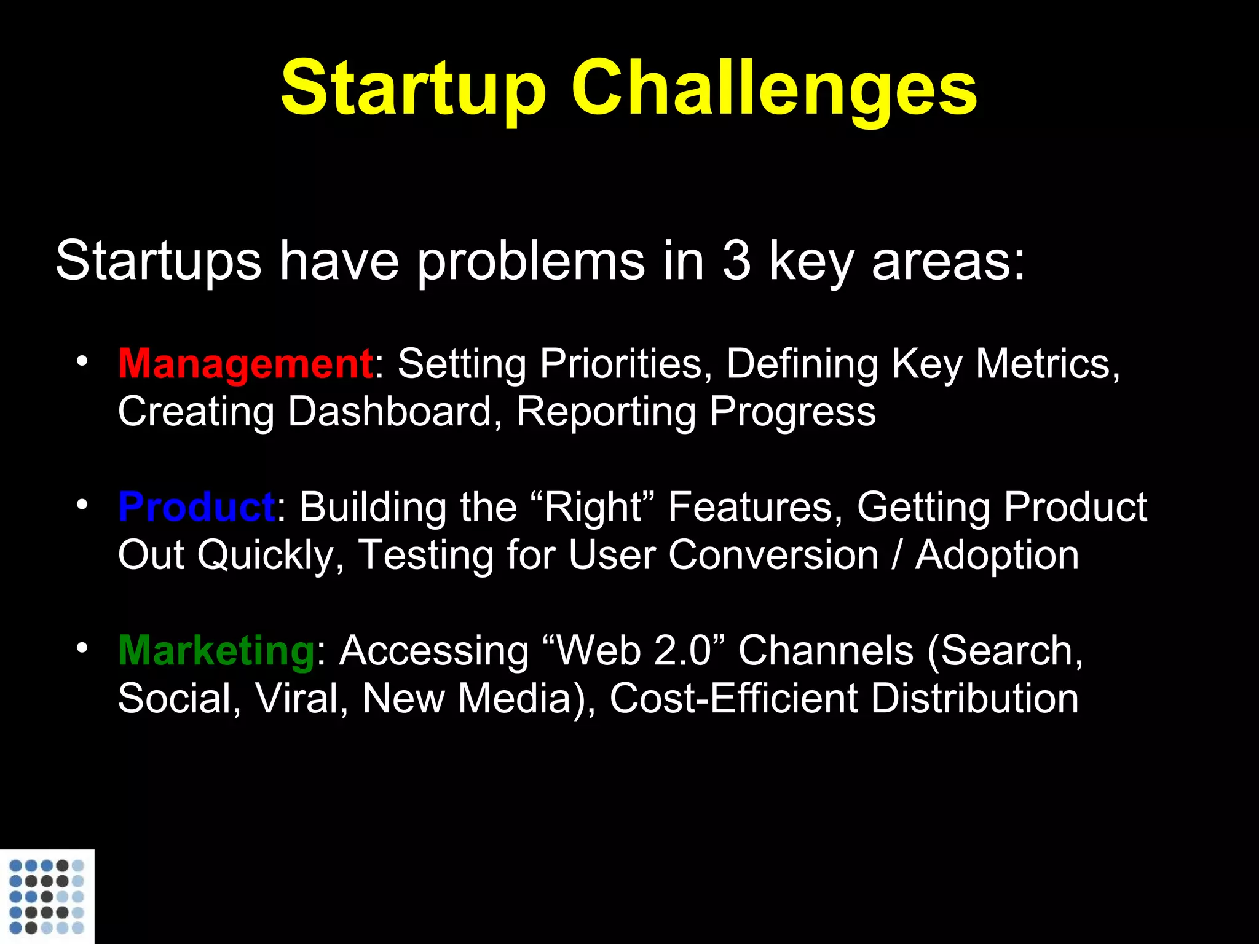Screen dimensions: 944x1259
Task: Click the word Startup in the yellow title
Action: coord(413,89)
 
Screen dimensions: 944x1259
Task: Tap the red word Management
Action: coord(245,364)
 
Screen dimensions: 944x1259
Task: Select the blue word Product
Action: coord(197,508)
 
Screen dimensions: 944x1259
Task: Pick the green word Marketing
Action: coord(217,651)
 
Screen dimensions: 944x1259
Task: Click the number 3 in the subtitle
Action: coord(736,261)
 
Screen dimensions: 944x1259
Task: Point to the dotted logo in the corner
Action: coord(47,896)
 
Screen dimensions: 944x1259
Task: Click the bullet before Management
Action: coord(82,361)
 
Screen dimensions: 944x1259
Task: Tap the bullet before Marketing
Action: coord(82,648)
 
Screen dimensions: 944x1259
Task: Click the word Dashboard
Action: coord(390,411)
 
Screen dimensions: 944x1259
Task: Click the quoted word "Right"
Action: coord(594,508)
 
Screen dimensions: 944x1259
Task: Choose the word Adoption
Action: coord(997,556)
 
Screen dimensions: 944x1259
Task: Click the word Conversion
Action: coord(773,556)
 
